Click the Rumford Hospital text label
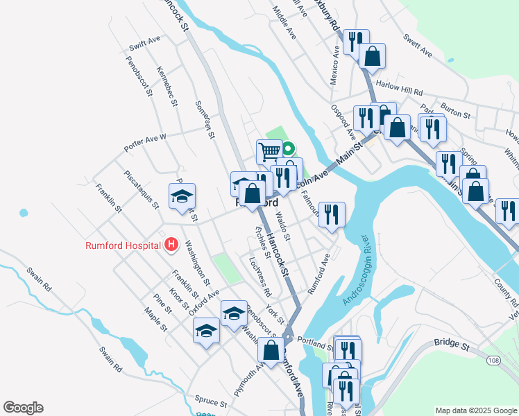point(124,245)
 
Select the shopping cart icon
point(269,150)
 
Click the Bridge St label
point(452,343)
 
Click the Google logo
point(23,408)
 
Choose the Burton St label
point(456,111)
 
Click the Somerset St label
point(205,119)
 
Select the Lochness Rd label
point(259,271)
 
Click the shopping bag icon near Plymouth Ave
point(271,350)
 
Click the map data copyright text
point(475,410)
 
